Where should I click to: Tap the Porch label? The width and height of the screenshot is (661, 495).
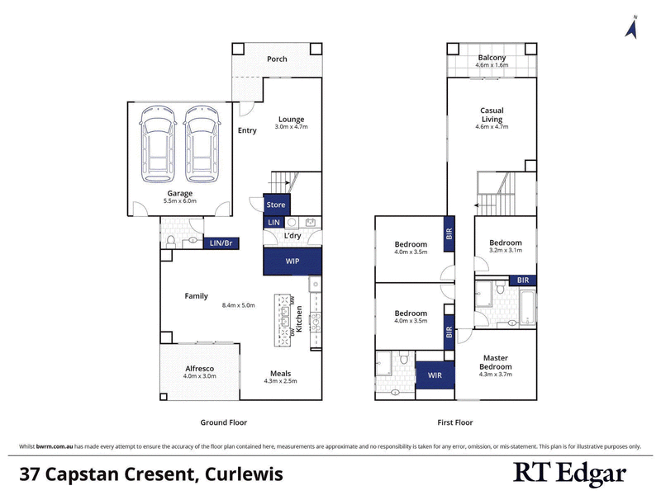[x=277, y=59]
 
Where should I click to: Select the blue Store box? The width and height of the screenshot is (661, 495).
[x=275, y=205]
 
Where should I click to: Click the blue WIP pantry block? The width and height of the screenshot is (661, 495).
[x=291, y=261]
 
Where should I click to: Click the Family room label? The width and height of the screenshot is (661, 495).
[x=196, y=296]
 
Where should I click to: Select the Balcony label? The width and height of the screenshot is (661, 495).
[x=492, y=59]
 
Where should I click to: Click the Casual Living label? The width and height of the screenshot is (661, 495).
[x=492, y=115]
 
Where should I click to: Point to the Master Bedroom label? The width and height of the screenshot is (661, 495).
[x=496, y=362]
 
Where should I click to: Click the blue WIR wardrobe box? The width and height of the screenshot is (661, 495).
[x=435, y=376]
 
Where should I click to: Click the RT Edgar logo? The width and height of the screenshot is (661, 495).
[x=569, y=474]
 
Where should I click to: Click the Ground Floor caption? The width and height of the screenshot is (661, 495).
[x=223, y=422]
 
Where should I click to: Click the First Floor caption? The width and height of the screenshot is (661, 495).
[x=454, y=422]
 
